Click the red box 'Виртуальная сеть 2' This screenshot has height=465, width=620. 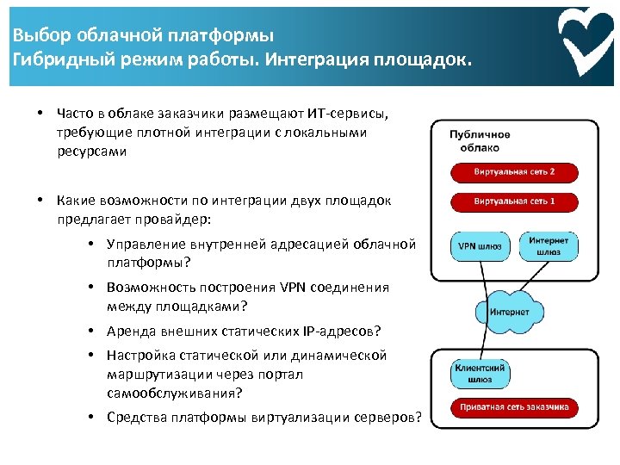pyautogui.click(x=514, y=172)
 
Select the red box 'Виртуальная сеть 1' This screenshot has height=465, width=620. pyautogui.click(x=514, y=201)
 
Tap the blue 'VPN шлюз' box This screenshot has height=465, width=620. pyautogui.click(x=478, y=245)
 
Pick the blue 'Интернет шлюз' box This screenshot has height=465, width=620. pyautogui.click(x=549, y=245)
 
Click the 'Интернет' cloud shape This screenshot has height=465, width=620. pyautogui.click(x=509, y=312)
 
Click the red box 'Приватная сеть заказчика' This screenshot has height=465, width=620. pyautogui.click(x=514, y=407)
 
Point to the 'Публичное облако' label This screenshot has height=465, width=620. pyautogui.click(x=480, y=140)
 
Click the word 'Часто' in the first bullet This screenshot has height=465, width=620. pyautogui.click(x=72, y=114)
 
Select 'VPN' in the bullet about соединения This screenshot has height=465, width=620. pyautogui.click(x=293, y=287)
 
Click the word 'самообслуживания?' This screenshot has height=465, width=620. pyautogui.click(x=175, y=393)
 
